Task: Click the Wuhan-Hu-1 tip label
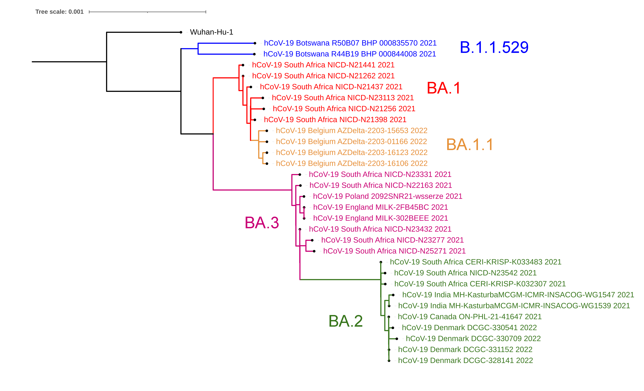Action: pos(211,32)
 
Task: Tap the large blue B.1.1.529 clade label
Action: pos(494,47)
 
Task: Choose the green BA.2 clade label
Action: pos(346,321)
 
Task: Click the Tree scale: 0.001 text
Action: pos(59,12)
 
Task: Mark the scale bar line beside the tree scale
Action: pos(147,12)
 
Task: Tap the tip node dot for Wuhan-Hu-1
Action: pos(181,32)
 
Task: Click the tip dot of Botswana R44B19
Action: pos(254,54)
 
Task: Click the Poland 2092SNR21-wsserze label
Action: pos(388,196)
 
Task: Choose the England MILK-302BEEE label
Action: pos(381,218)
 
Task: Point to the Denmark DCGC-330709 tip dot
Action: pos(397,339)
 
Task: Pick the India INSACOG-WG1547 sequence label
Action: pos(518,295)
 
